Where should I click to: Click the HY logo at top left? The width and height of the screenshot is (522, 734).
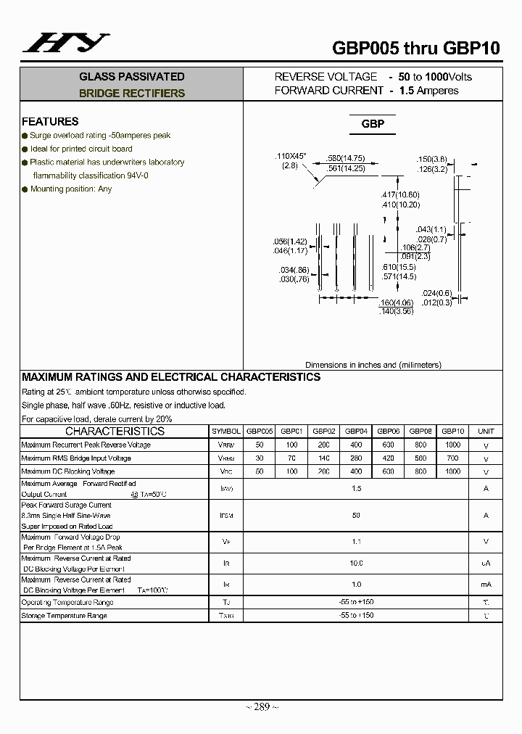pyautogui.click(x=66, y=44)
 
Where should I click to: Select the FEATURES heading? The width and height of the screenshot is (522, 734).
pyautogui.click(x=50, y=122)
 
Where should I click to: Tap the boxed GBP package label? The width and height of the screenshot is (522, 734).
pyautogui.click(x=373, y=124)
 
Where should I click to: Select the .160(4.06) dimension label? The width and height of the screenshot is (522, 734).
pyautogui.click(x=396, y=302)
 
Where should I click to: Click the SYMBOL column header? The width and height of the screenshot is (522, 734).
pyautogui.click(x=225, y=431)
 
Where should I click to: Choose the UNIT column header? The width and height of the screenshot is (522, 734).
pyautogui.click(x=486, y=431)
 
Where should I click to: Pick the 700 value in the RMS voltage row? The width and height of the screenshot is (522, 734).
pyautogui.click(x=452, y=458)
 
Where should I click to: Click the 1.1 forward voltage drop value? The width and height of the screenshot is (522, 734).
pyautogui.click(x=356, y=541)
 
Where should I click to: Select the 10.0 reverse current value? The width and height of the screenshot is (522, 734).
pyautogui.click(x=356, y=563)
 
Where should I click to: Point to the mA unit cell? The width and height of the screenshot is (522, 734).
pyautogui.click(x=486, y=585)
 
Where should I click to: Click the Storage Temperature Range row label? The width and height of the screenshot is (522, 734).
pyautogui.click(x=64, y=616)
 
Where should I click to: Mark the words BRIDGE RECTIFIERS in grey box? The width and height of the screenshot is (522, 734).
pyautogui.click(x=132, y=94)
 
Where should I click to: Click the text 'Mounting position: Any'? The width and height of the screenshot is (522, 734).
pyautogui.click(x=71, y=189)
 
